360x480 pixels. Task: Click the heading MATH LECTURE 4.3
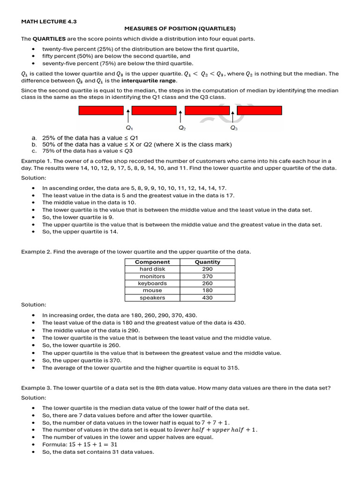(x=49, y=22)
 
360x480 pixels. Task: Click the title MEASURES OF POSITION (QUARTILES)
(x=180, y=29)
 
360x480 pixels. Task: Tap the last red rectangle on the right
(x=260, y=111)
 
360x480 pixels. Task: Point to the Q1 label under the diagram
(x=129, y=128)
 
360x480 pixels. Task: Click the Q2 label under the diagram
(x=182, y=128)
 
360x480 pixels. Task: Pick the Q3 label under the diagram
(x=233, y=128)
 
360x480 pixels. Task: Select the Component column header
(x=152, y=262)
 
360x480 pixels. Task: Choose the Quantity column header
(x=207, y=262)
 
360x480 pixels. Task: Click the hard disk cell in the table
(x=152, y=269)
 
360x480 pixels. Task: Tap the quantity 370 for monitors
(x=207, y=277)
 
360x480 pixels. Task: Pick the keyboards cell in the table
(x=152, y=284)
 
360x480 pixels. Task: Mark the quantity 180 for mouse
(x=207, y=291)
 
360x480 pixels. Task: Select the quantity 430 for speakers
(x=207, y=298)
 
